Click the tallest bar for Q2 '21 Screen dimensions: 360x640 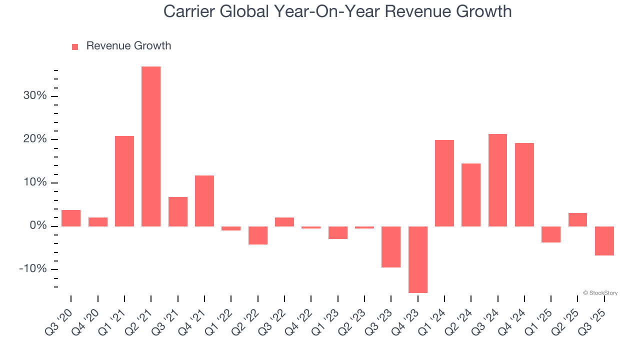151,146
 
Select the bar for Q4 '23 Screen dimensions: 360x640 417,259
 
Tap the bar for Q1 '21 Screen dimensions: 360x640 124,181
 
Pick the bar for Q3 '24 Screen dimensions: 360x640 497,180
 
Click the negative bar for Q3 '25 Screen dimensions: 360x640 604,241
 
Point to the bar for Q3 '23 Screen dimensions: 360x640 391,247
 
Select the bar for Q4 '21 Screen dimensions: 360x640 204,201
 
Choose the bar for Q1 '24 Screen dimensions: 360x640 444,183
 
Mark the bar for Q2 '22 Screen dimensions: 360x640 258,235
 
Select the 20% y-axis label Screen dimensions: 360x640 35,139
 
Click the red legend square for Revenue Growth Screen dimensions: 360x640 75,46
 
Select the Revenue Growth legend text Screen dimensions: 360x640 128,46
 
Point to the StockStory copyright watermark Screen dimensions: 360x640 600,293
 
